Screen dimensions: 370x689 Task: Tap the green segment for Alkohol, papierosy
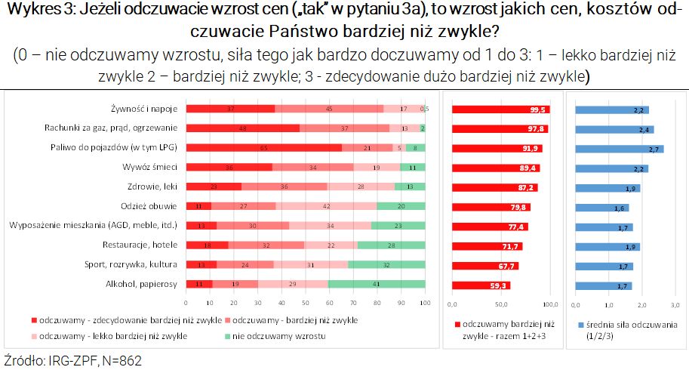377,284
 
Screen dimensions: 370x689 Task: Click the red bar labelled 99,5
501,109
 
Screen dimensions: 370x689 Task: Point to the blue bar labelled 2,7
619,149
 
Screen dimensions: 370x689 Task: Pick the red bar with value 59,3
481,285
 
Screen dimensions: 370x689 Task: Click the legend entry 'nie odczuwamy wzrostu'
267,335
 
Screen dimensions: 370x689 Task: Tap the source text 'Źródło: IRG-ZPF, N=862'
73,360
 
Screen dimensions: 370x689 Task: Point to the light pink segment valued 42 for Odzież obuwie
326,206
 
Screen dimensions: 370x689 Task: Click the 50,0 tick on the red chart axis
501,304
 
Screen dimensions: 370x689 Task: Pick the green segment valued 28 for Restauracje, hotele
391,245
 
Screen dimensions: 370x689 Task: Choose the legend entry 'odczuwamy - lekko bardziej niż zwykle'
113,335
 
